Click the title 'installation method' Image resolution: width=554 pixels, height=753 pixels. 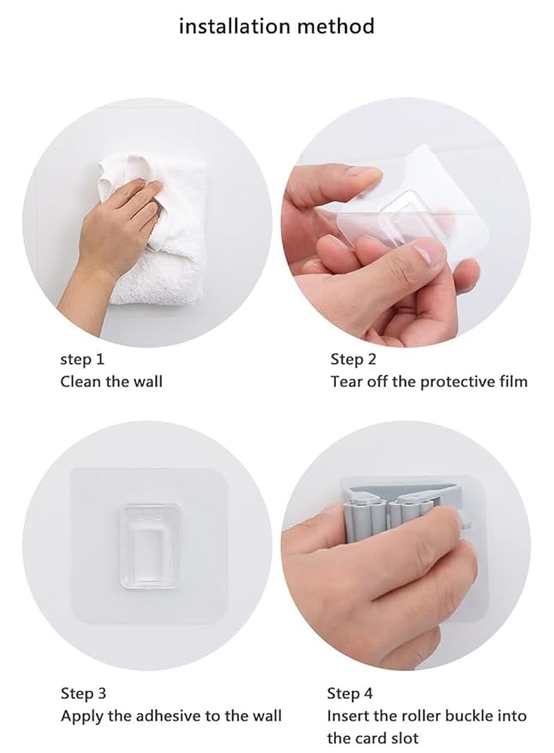pyautogui.click(x=277, y=26)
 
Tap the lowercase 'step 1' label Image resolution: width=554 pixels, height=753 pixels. pyautogui.click(x=82, y=359)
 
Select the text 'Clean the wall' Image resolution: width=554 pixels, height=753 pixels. pyautogui.click(x=111, y=381)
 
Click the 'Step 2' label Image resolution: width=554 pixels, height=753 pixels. pyautogui.click(x=354, y=359)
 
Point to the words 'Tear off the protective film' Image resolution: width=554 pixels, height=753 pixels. pyautogui.click(x=429, y=381)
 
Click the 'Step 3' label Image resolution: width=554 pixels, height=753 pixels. pyautogui.click(x=83, y=693)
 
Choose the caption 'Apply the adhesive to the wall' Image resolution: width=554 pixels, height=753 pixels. pyautogui.click(x=170, y=715)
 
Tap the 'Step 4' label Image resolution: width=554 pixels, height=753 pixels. pyautogui.click(x=350, y=693)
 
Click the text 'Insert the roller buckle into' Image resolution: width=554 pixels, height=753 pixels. pyautogui.click(x=426, y=715)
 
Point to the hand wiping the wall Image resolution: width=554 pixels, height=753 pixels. pyautogui.click(x=116, y=231)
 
